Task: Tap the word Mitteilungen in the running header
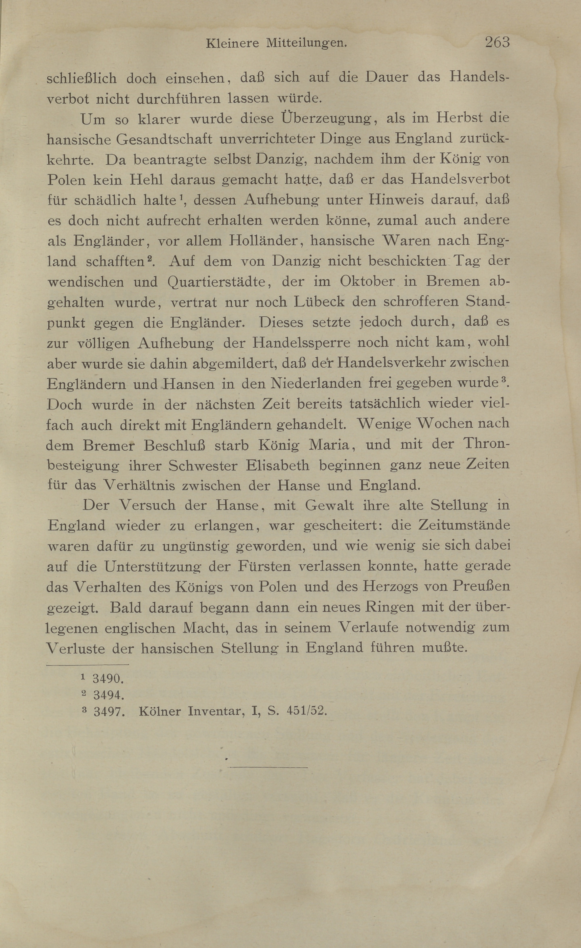306,44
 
